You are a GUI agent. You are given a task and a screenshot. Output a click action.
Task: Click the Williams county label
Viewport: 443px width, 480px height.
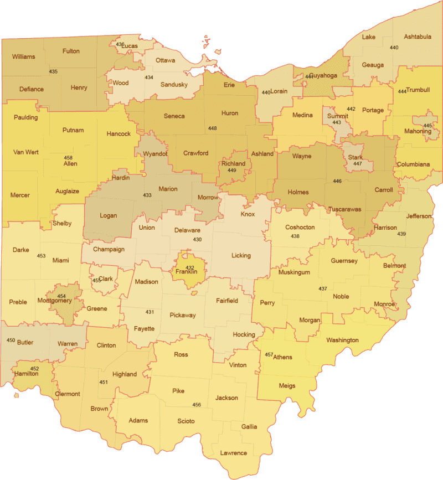[23, 56]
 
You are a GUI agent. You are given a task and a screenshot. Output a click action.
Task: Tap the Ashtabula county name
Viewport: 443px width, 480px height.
[417, 37]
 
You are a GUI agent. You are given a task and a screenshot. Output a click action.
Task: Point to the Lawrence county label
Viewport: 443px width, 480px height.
[233, 453]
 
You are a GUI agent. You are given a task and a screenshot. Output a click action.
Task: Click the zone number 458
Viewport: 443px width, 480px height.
[68, 158]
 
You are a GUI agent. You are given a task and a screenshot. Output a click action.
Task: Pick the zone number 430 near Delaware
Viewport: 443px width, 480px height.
[197, 240]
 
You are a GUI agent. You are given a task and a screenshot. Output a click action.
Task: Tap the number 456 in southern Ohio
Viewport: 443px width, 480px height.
[197, 405]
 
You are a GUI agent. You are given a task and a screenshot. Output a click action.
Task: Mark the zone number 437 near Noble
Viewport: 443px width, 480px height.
[323, 289]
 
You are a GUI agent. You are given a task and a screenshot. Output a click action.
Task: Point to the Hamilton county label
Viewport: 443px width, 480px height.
[27, 374]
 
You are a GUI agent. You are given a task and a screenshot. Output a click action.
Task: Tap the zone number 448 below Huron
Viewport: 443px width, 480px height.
[213, 128]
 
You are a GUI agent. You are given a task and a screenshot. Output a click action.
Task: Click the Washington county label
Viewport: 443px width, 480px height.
[342, 340]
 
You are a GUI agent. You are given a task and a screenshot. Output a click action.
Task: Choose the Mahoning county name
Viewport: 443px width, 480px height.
[418, 131]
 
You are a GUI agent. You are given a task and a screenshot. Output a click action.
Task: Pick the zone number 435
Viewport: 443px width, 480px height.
[54, 72]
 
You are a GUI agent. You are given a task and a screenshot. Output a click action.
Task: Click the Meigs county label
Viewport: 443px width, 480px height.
[287, 386]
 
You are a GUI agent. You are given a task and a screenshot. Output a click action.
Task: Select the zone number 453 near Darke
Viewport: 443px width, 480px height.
[41, 256]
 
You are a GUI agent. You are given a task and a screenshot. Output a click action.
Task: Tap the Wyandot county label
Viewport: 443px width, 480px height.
[155, 153]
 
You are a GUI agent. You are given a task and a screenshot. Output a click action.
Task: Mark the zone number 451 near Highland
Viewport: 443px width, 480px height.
[104, 383]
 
